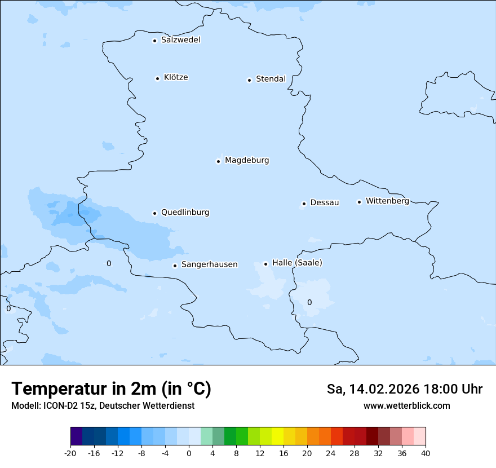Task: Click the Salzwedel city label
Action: click(x=180, y=40)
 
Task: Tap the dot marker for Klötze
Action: click(x=157, y=78)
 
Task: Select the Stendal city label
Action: click(x=271, y=79)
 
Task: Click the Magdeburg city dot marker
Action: click(x=218, y=161)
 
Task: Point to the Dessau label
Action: click(x=325, y=202)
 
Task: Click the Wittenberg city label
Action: click(x=387, y=201)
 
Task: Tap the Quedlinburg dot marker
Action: click(x=154, y=213)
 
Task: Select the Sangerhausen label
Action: click(x=209, y=264)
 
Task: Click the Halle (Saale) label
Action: click(x=297, y=263)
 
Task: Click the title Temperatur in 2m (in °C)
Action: click(x=111, y=389)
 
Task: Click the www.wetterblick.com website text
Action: click(x=406, y=406)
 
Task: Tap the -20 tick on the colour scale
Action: click(x=70, y=453)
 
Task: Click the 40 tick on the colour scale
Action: click(x=426, y=453)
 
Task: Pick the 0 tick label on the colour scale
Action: click(x=189, y=453)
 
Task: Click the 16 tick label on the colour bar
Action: click(x=284, y=453)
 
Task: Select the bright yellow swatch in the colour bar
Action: click(x=277, y=436)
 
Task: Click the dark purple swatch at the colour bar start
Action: click(x=76, y=436)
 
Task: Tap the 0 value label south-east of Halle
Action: click(x=309, y=303)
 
